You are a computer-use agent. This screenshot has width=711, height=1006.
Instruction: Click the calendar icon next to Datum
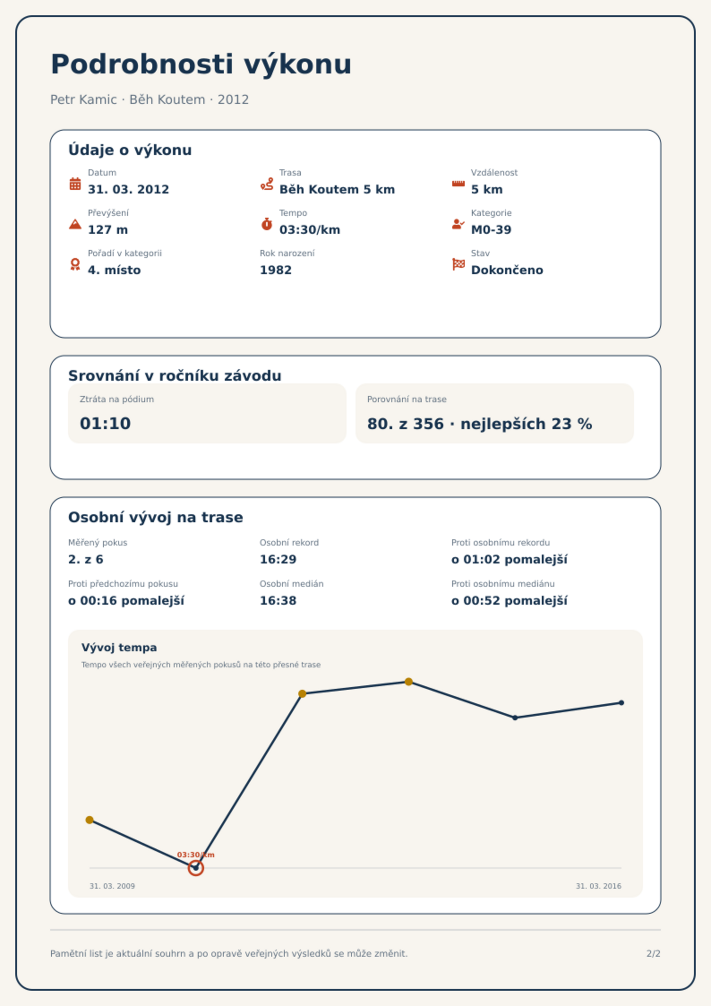(x=75, y=184)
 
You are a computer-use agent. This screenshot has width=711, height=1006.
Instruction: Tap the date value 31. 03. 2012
(x=128, y=189)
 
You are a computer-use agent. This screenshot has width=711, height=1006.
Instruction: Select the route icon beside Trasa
(x=267, y=184)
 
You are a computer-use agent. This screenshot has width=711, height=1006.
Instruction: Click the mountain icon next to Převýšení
(x=75, y=224)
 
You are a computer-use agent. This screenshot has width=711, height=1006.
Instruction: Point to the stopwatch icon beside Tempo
(x=267, y=224)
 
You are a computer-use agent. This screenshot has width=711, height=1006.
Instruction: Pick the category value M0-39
(x=491, y=230)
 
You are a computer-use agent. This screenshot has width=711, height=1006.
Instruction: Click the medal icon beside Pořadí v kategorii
(x=75, y=264)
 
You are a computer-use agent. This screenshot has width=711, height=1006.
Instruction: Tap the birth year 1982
(x=276, y=270)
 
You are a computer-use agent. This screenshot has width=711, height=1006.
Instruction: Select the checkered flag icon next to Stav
(x=458, y=264)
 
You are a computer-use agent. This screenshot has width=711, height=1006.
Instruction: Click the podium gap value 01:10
(x=105, y=423)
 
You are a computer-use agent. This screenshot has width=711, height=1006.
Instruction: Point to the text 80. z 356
(x=405, y=424)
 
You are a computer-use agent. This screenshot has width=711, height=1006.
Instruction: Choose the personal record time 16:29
(x=278, y=559)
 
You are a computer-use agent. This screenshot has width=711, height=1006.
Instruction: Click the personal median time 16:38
(x=278, y=601)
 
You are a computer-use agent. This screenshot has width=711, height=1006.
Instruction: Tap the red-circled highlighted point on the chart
(x=196, y=868)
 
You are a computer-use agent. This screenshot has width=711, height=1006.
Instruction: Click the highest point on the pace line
(x=408, y=682)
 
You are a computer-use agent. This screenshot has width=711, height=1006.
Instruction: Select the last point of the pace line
(x=621, y=703)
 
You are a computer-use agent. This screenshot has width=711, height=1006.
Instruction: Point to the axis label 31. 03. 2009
(x=112, y=886)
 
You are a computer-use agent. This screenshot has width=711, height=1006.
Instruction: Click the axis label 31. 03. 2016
(x=599, y=886)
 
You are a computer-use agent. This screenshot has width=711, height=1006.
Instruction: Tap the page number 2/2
(x=653, y=954)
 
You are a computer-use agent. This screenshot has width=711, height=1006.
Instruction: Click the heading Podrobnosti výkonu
(x=201, y=64)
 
